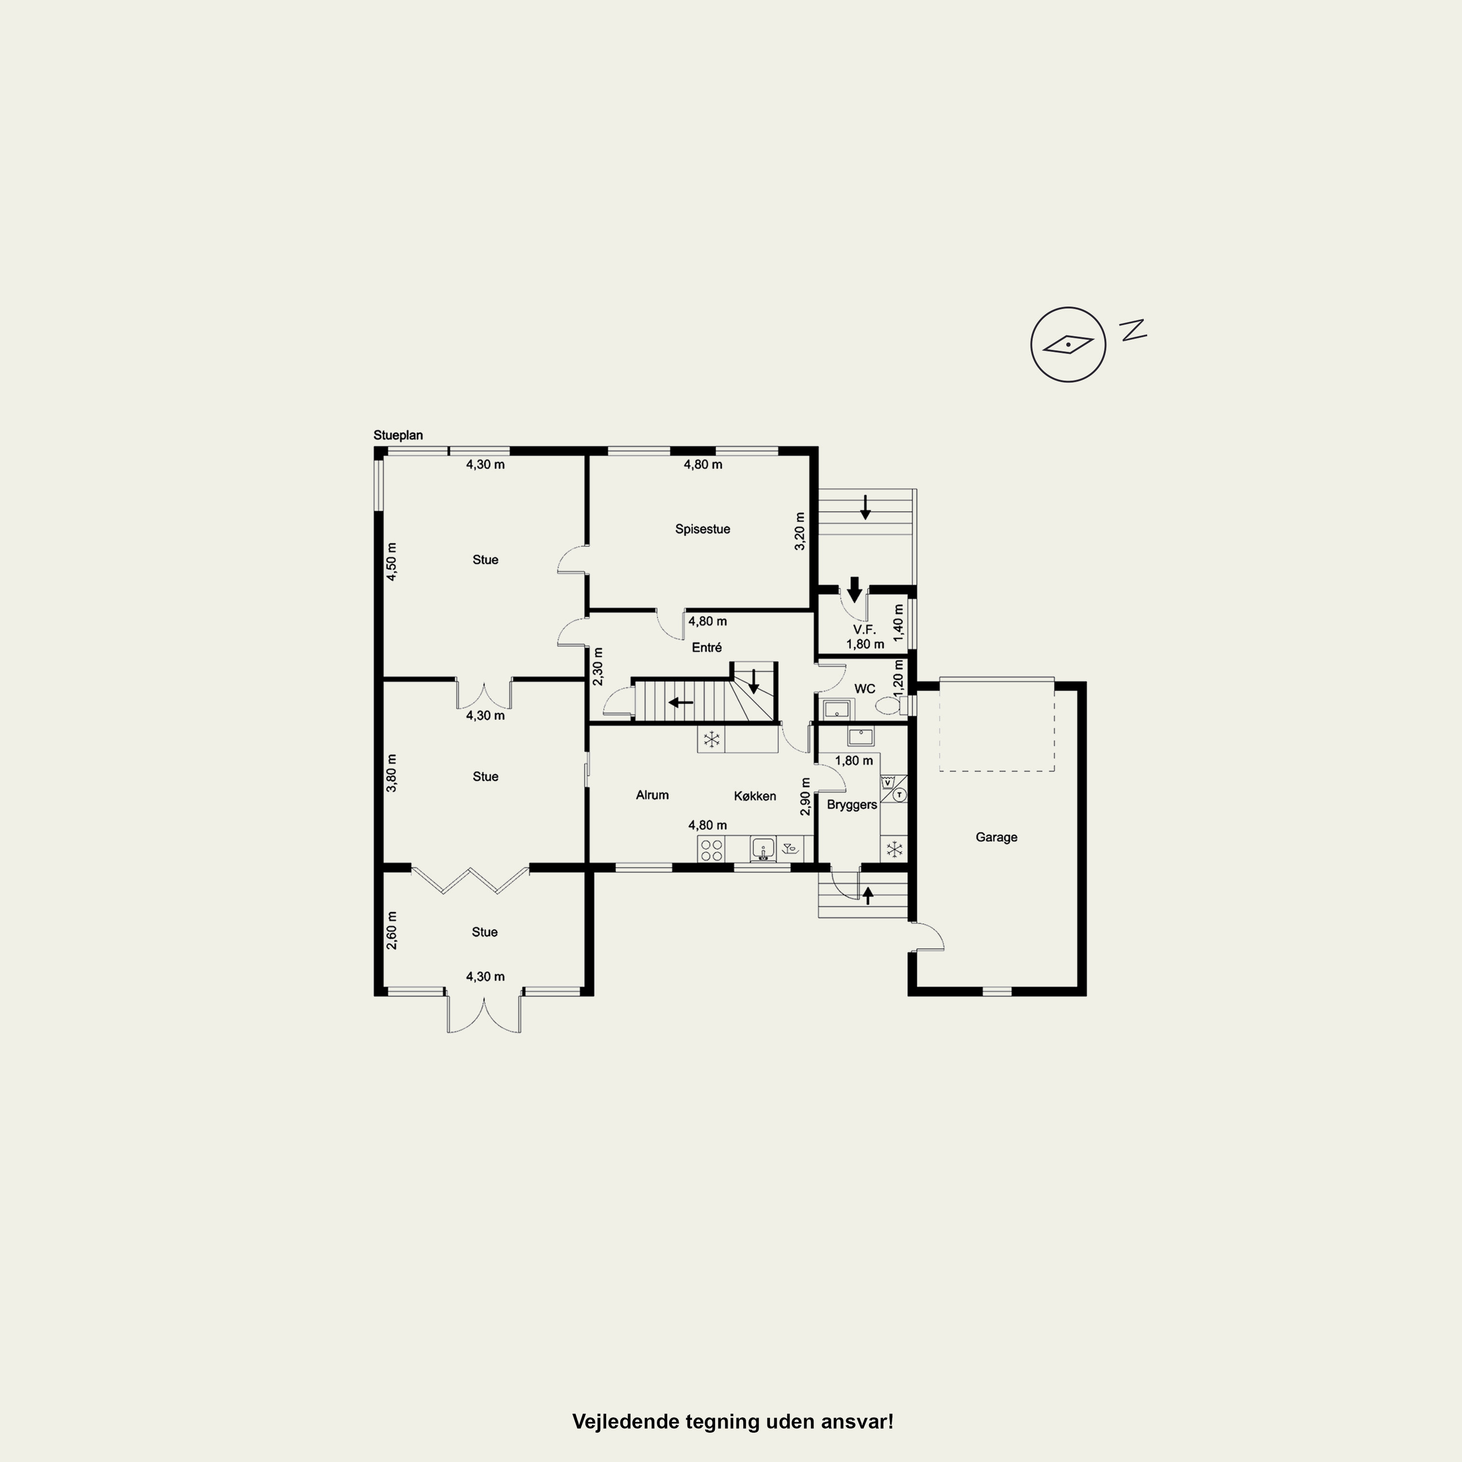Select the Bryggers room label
coord(852,805)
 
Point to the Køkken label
coord(754,796)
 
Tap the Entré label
coord(707,648)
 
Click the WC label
coord(864,689)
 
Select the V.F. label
coord(864,630)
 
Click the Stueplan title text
coord(398,436)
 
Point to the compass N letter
coord(1133,330)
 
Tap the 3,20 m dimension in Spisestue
coord(800,531)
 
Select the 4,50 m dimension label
coord(391,561)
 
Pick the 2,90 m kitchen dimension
coord(805,797)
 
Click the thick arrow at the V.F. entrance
coord(854,589)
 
